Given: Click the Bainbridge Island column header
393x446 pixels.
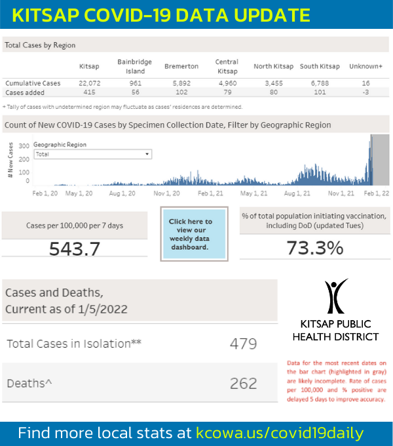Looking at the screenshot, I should pos(134,66).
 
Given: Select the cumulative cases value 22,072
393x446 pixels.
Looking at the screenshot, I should pos(88,83).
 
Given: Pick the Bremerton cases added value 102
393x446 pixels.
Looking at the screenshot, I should pos(181,92).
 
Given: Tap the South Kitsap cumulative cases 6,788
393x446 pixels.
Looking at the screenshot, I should pos(320,83).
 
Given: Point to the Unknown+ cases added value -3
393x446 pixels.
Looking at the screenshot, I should pos(365,92).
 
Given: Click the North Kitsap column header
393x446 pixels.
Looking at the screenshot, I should pos(273,67).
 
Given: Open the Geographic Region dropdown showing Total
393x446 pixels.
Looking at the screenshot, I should pos(92,154).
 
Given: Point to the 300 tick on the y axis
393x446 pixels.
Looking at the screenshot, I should pos(24,146).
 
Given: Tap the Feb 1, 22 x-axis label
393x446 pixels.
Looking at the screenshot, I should pos(377,193).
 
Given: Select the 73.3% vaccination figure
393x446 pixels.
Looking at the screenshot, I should pos(314,249).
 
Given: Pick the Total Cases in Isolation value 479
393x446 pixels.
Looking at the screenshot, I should pos(243,344).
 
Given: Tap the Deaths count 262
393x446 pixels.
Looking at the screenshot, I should pos(243,383).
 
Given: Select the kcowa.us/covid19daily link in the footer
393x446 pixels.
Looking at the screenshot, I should pos(280,433).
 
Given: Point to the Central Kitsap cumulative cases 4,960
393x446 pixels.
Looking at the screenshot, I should pos(227,83).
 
